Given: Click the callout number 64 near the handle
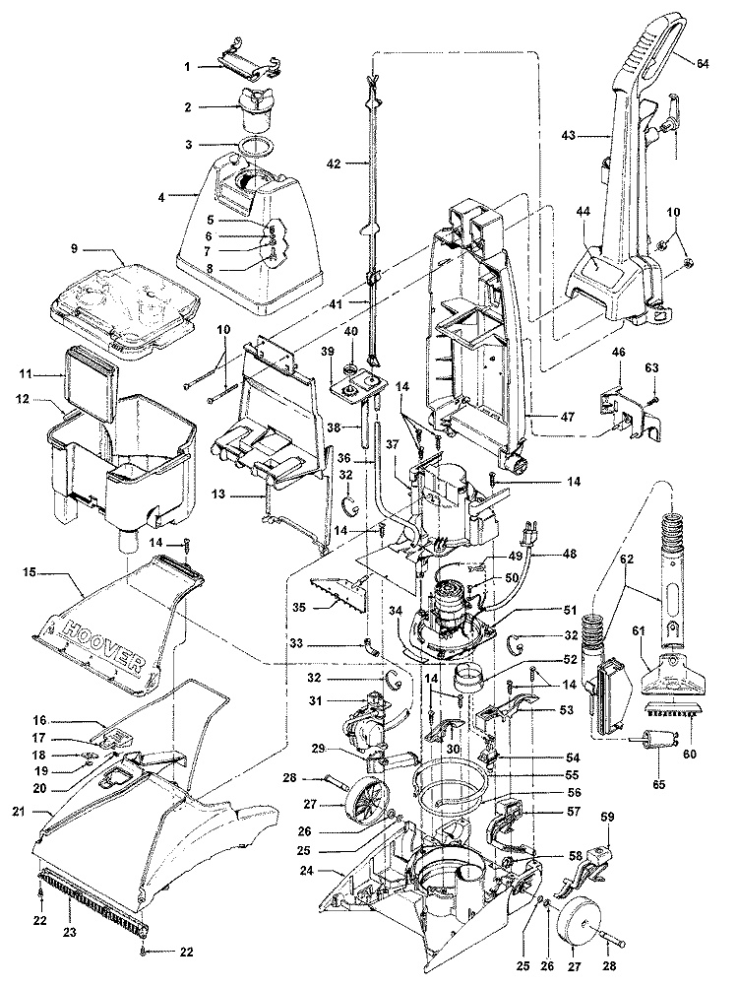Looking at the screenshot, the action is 703,63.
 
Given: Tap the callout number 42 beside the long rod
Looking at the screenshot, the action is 334,164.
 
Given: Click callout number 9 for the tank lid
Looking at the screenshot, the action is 75,249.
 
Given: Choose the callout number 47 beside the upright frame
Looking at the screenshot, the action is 568,417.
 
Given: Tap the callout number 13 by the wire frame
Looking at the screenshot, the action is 219,494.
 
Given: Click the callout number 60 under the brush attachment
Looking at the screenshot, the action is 691,736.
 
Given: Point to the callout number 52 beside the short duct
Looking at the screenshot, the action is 570,660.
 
